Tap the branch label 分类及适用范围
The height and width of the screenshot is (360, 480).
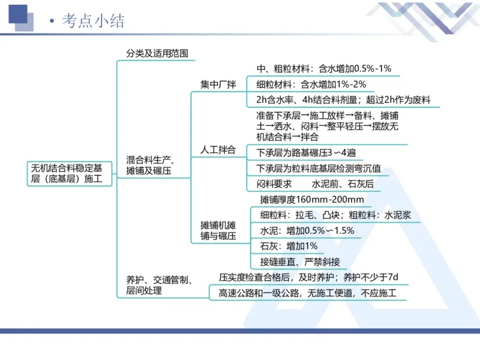(157, 53)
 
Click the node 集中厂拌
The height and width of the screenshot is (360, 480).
(218, 83)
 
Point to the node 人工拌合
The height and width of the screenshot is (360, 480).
(218, 149)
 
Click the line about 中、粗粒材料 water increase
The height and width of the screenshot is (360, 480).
(323, 68)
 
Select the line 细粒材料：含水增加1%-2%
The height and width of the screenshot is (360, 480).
(311, 84)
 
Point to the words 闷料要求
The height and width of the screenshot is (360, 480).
(274, 184)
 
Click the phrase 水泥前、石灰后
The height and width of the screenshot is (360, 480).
(342, 184)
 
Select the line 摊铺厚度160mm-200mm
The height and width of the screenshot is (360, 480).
(312, 199)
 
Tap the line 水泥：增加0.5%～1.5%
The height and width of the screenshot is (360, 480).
(307, 230)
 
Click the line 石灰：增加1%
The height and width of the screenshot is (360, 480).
(289, 246)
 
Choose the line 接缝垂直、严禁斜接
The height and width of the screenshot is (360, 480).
(300, 262)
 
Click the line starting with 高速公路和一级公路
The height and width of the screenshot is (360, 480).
(308, 293)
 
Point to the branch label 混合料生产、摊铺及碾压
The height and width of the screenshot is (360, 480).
(149, 166)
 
